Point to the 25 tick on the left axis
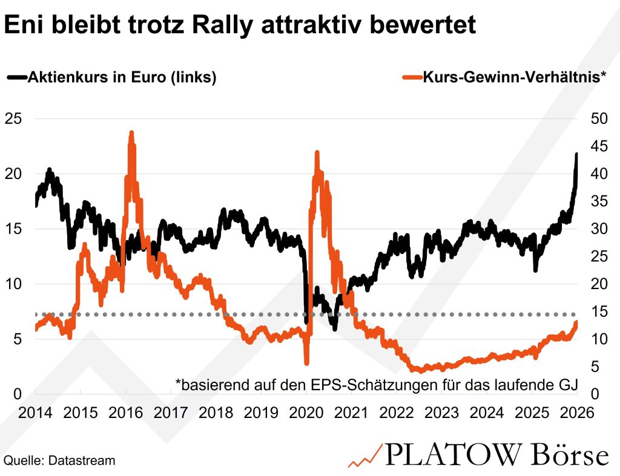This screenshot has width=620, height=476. [13, 119]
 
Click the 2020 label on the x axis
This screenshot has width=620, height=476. [306, 413]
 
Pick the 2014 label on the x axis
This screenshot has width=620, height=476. [35, 413]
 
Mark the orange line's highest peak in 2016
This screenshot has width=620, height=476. [131, 132]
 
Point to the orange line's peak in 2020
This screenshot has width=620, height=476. [317, 152]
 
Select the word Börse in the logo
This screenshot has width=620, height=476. [569, 455]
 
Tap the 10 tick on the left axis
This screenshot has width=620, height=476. [13, 284]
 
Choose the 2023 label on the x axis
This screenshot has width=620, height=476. [441, 413]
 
